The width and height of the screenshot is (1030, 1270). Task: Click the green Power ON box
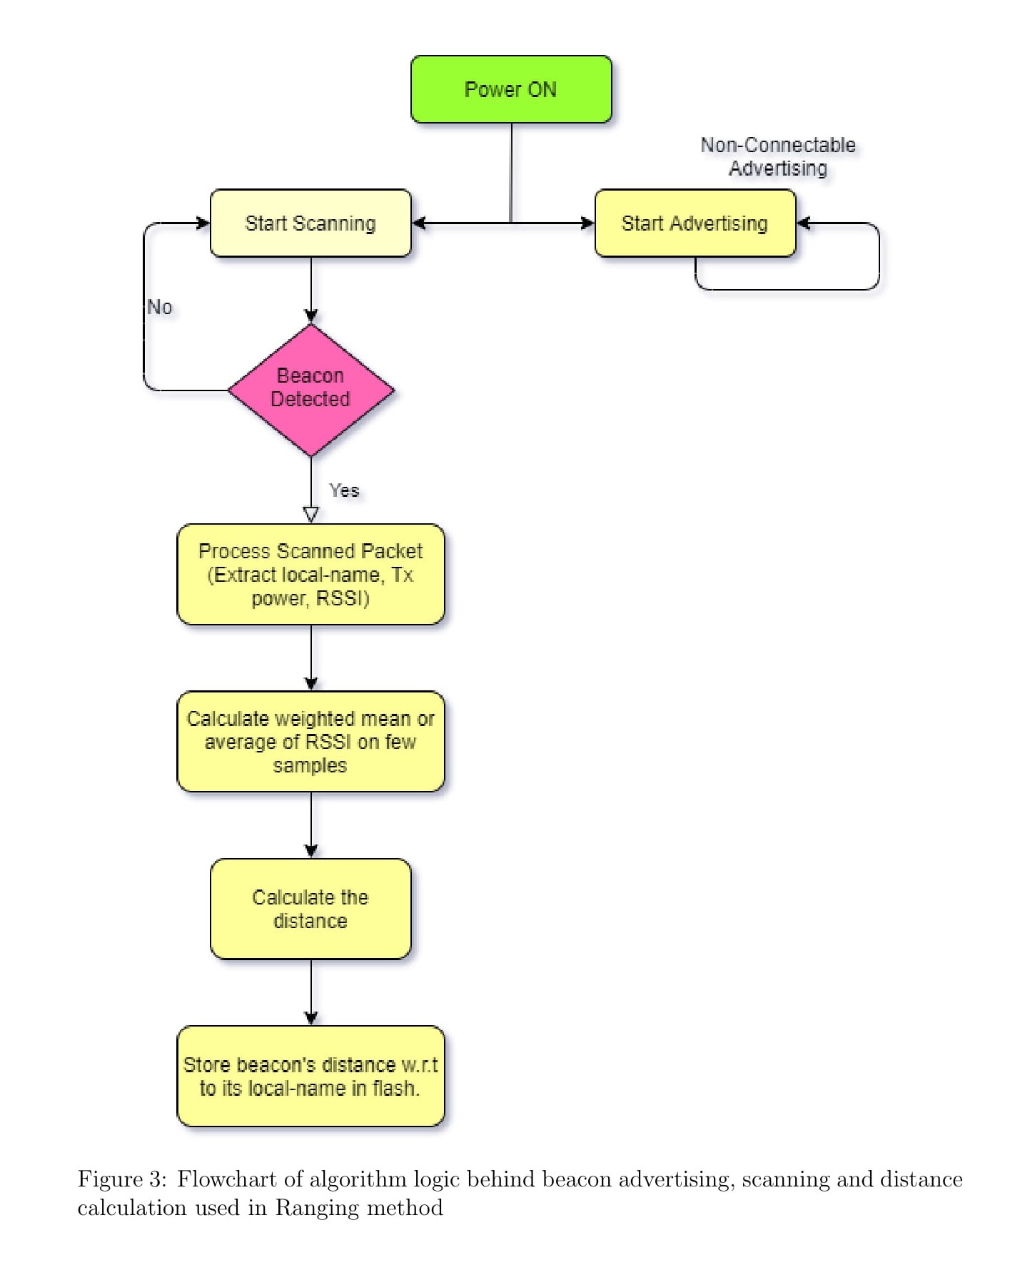point(511,89)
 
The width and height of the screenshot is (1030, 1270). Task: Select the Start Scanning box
point(310,223)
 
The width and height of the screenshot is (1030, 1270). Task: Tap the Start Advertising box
point(695,223)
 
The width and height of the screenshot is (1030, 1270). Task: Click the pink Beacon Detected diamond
point(311,390)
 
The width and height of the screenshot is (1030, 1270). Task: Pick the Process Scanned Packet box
point(310,575)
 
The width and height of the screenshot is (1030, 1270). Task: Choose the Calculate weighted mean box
point(310,742)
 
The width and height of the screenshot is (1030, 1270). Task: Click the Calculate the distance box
point(310,909)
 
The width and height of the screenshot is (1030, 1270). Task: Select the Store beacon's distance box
point(310,1077)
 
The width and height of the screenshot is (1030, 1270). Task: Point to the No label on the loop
point(160,307)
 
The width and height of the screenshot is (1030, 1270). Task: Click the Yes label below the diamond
point(344,490)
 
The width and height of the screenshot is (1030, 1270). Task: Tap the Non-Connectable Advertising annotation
point(778,156)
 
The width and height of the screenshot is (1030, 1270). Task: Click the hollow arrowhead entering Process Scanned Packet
point(311,515)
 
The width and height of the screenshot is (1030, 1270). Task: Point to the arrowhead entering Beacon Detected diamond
point(311,317)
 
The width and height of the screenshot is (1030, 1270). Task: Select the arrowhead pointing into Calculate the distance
point(311,851)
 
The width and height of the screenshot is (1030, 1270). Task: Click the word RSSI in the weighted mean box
point(328,742)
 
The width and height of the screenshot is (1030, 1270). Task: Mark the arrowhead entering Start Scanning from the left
point(203,223)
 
